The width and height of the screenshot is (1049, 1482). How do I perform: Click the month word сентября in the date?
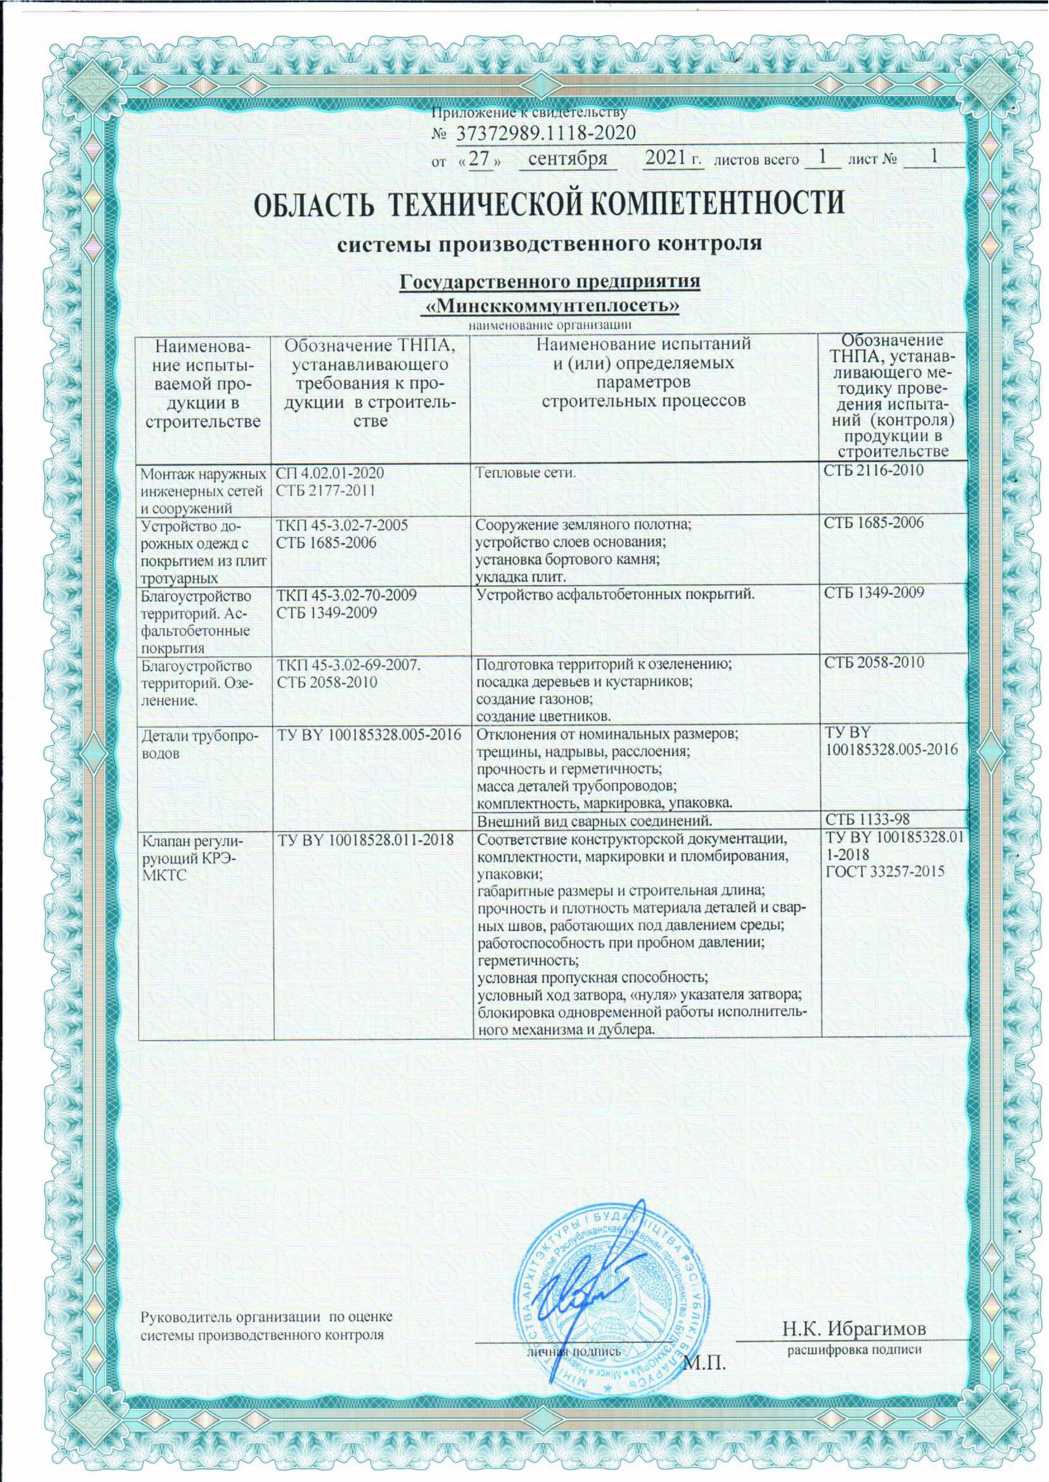click(568, 159)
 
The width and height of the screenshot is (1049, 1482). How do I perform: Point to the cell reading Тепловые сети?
click(524, 473)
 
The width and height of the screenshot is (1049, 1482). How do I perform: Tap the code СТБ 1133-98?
click(867, 820)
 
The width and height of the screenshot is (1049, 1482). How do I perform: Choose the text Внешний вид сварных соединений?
click(598, 821)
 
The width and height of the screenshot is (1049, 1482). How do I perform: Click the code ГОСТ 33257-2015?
click(885, 871)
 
